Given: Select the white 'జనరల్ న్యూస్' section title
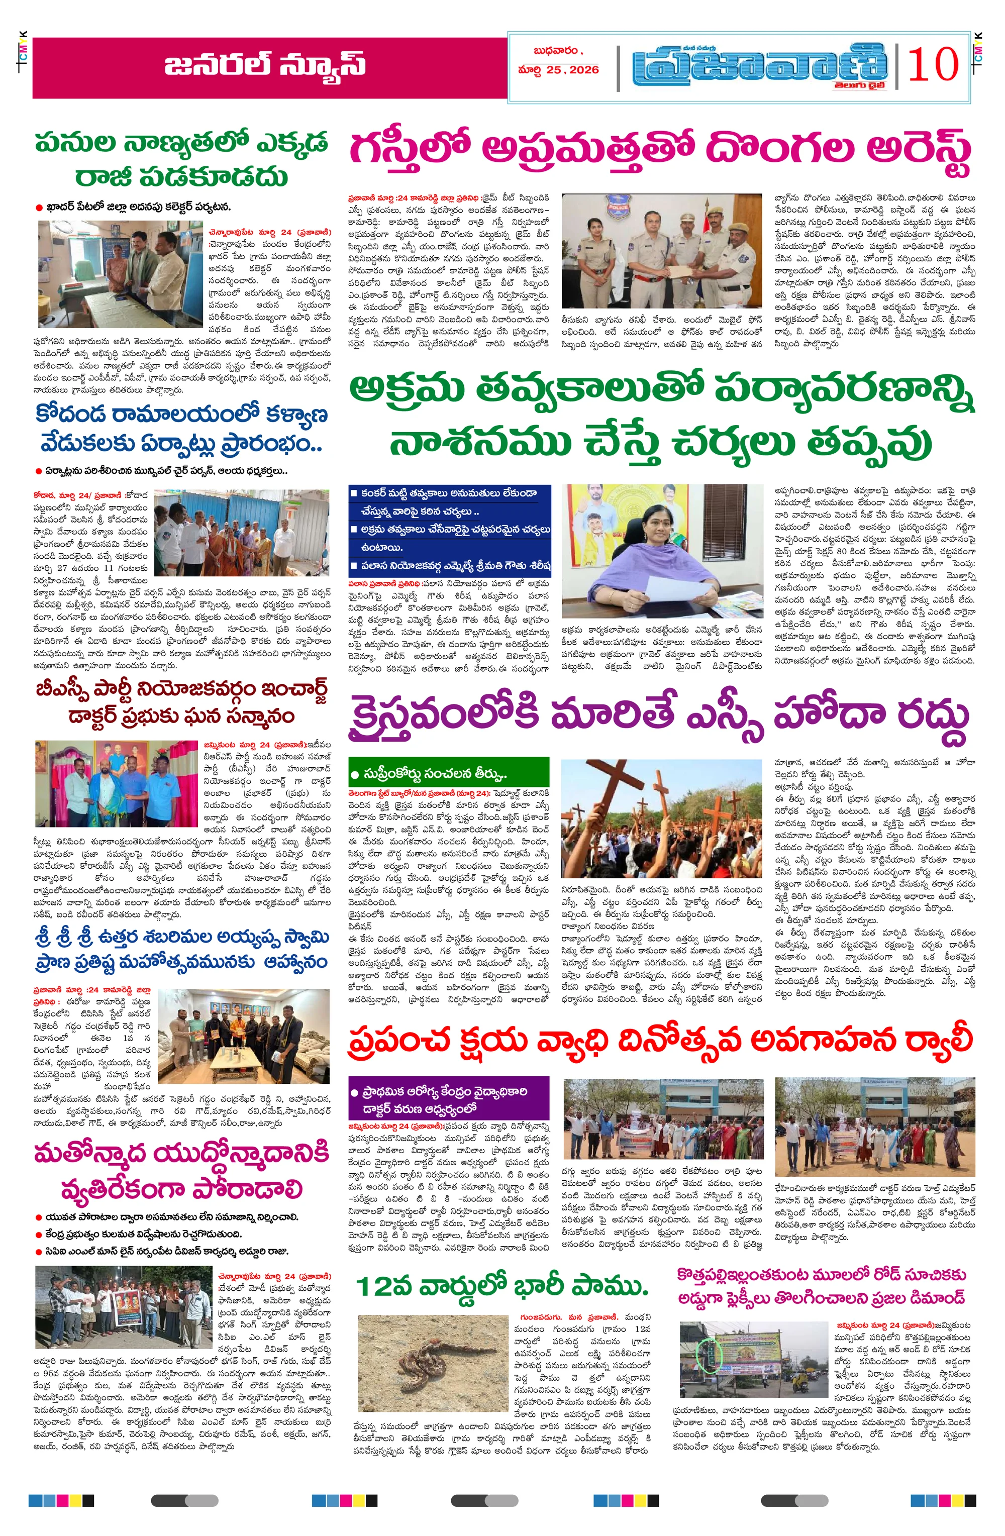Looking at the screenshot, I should coord(265,66).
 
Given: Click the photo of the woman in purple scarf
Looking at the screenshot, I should coord(663,551).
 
